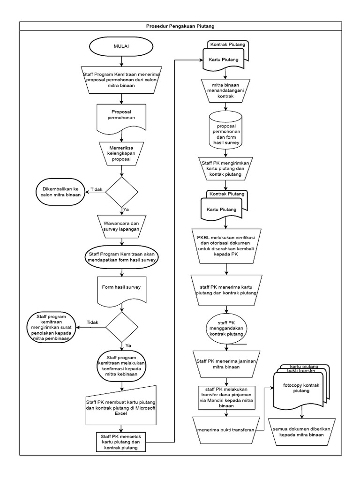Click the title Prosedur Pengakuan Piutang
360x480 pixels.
[180, 26]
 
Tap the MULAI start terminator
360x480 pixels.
[122, 46]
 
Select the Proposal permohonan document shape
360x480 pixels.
[122, 115]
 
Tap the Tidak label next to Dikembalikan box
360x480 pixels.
[96, 189]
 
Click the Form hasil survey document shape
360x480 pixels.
[122, 285]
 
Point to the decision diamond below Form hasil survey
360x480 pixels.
[122, 328]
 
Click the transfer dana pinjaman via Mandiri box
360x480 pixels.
[226, 397]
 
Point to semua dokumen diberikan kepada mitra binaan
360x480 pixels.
[302, 432]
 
